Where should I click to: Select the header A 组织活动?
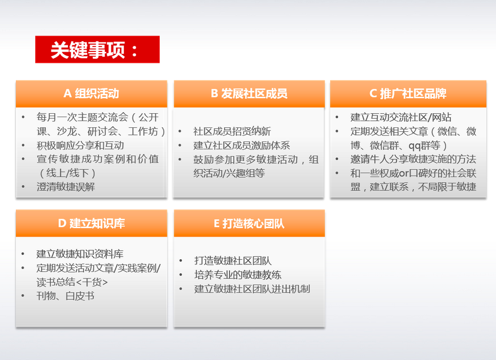pos(91,93)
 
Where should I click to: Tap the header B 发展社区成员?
pos(249,93)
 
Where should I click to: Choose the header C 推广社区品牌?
pos(408,93)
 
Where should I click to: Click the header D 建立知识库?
pos(91,224)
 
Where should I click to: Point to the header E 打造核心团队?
pos(249,224)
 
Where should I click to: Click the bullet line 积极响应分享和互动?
pos(80,145)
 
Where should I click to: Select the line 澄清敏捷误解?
pos(66,187)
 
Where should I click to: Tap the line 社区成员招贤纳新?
pos(232,131)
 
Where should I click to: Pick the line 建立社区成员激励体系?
pos(242,145)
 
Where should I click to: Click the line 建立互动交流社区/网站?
pos(401,117)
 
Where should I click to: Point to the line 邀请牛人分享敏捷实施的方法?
pos(413,159)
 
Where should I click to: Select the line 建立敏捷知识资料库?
pos(80,254)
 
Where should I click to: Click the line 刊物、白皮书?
pos(65,296)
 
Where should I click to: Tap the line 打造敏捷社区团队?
pos(233,261)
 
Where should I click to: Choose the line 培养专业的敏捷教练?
pos(238,275)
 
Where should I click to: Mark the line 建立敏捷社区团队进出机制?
pos(252,289)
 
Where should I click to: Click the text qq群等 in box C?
pos(424,145)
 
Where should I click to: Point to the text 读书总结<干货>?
pos(72,282)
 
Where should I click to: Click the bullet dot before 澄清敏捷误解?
pos(23,187)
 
